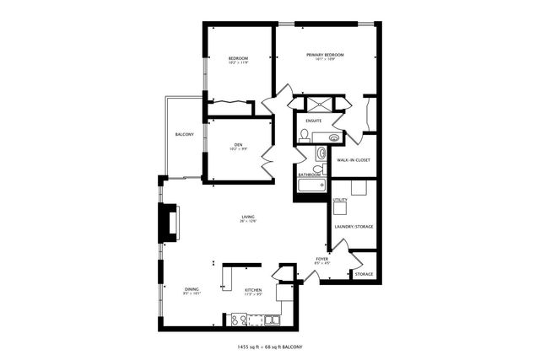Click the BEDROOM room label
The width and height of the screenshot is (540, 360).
238,57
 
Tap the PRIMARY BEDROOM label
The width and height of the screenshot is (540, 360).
325,55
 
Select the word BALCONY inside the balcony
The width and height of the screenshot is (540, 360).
185,135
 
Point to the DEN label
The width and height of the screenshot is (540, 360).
238,145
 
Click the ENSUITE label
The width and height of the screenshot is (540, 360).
314,120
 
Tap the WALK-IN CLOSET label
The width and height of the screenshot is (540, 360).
354,159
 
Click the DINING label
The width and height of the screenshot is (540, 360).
192,289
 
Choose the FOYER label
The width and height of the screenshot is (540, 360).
321,258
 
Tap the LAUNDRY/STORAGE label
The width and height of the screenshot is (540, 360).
354,226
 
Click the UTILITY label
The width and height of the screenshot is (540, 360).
340,200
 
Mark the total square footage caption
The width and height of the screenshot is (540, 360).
270,347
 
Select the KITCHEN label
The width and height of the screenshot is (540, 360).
253,289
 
